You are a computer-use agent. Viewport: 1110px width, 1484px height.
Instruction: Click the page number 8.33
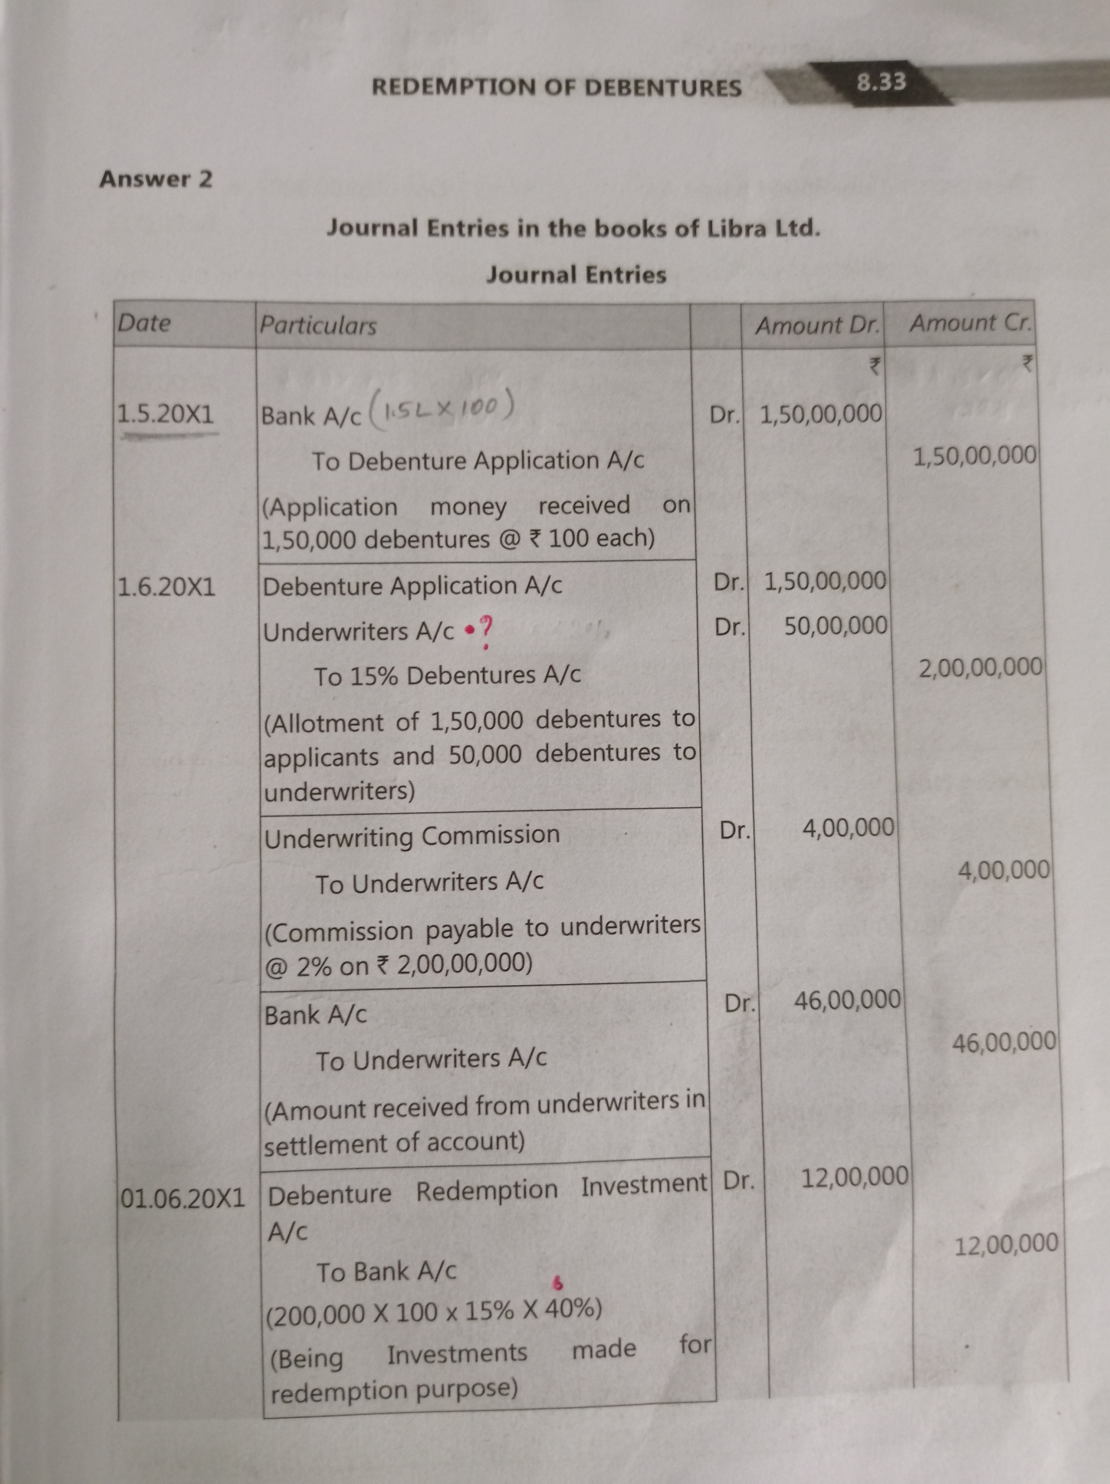pos(881,82)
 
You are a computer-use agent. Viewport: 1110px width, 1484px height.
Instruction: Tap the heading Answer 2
pos(155,179)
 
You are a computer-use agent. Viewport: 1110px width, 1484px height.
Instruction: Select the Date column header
pos(144,324)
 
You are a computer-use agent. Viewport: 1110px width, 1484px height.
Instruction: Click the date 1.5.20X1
pos(165,415)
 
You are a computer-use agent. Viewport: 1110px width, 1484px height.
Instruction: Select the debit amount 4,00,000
pos(848,828)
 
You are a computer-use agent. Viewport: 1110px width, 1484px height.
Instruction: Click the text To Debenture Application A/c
pos(477,461)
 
